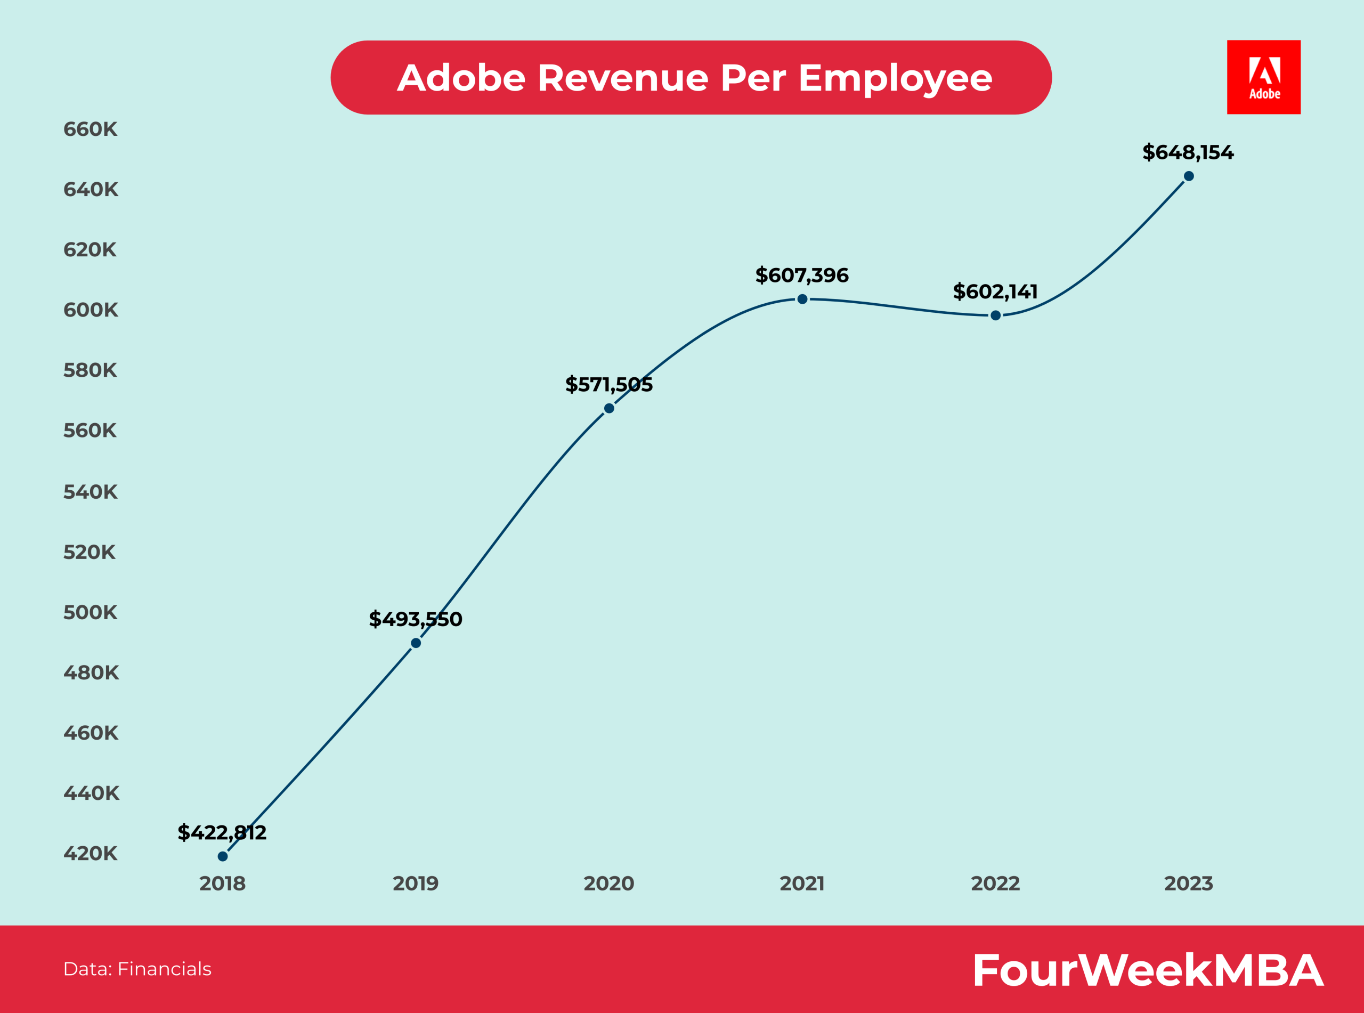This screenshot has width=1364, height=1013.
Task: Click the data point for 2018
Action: tap(223, 856)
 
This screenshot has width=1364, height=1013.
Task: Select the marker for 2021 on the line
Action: tap(802, 299)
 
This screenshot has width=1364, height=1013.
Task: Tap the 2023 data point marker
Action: tap(1189, 176)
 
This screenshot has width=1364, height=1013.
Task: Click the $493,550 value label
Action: tap(415, 619)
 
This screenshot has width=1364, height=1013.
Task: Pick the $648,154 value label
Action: tap(1188, 152)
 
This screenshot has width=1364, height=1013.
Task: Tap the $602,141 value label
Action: tap(995, 291)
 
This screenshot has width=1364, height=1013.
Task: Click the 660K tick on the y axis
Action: tap(90, 129)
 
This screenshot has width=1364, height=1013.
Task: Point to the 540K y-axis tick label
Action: tap(90, 492)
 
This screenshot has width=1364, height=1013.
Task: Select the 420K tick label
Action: tap(90, 853)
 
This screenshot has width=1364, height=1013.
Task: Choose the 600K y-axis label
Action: tap(90, 310)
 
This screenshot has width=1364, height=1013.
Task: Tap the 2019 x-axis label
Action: tap(415, 884)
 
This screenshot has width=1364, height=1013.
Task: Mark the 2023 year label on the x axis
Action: tap(1188, 884)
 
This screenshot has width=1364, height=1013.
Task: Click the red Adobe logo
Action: tap(1263, 77)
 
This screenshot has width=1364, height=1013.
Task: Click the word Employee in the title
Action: tap(895, 78)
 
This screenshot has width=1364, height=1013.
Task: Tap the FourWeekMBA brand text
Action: tap(1148, 970)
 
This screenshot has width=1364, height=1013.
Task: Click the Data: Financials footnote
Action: tap(137, 969)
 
